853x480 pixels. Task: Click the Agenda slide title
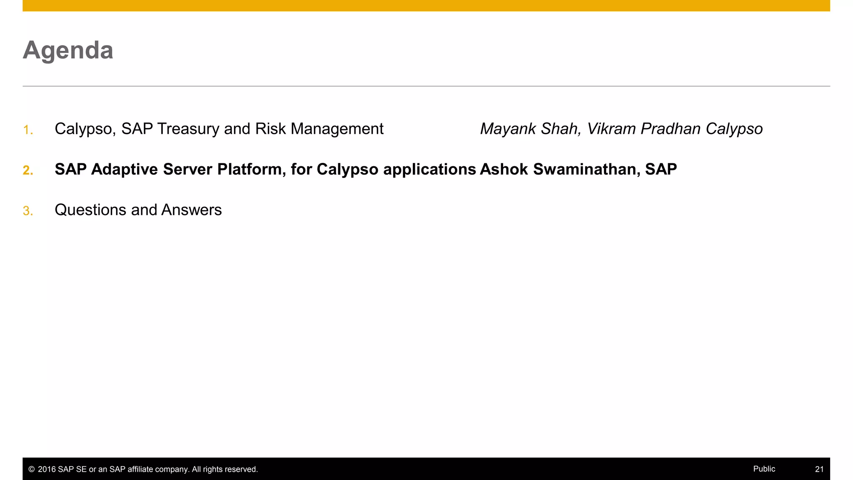pos(68,50)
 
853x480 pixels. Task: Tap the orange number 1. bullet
pos(28,130)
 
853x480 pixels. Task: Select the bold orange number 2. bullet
pos(28,170)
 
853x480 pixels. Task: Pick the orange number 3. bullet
pos(28,211)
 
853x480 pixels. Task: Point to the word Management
pos(337,129)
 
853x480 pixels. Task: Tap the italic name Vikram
pos(611,129)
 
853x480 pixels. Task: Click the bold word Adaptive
pos(125,170)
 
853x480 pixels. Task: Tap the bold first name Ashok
pos(504,170)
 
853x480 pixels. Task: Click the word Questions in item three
pos(90,210)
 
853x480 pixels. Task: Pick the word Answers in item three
pos(192,210)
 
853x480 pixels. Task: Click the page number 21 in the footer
pos(819,469)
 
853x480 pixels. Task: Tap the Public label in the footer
pos(764,469)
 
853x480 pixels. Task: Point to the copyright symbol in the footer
pos(31,470)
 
